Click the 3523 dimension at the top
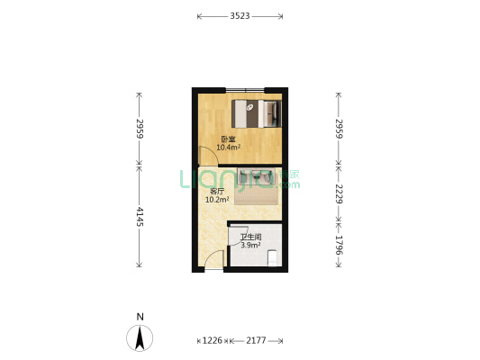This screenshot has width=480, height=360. (240, 16)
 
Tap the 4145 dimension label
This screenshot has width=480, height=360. (140, 217)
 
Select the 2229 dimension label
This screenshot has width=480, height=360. (339, 193)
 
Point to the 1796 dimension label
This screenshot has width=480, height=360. (339, 245)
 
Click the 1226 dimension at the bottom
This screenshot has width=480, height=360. (213, 340)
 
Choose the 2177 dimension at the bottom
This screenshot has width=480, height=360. (256, 340)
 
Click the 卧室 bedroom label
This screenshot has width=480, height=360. (228, 139)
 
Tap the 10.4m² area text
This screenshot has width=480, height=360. (228, 148)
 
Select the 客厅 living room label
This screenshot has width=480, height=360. (217, 192)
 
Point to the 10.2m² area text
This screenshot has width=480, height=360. (217, 200)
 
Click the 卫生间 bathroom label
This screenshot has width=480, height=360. (250, 237)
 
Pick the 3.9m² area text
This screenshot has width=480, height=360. (250, 245)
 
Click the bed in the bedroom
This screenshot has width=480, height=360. (257, 113)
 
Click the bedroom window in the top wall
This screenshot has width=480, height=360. (245, 90)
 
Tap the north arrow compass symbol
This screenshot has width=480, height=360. (140, 338)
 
